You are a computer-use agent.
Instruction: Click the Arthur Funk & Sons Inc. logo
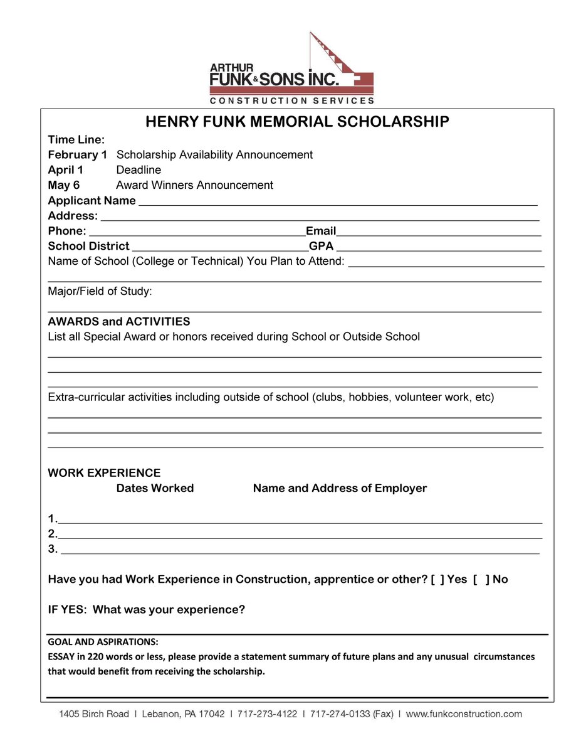[x=291, y=70]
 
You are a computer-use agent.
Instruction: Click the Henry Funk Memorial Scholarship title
[x=297, y=122]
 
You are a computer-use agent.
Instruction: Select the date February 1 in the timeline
[x=77, y=154]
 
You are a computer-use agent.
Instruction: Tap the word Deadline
[x=139, y=170]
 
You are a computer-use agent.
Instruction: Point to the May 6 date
[x=64, y=185]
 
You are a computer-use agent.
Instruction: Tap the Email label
[x=321, y=231]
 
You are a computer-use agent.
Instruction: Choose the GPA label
[x=321, y=246]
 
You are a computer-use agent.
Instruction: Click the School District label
[x=88, y=246]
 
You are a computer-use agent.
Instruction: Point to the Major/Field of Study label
[x=100, y=291]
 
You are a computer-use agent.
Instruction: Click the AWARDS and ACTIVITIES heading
[x=118, y=321]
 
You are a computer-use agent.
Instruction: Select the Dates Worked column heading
[x=155, y=488]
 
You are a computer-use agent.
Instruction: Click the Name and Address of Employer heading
[x=340, y=488]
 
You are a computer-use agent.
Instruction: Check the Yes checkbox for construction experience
[x=437, y=579]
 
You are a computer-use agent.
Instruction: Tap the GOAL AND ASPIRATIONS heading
[x=103, y=642]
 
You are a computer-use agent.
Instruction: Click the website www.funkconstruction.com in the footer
[x=464, y=714]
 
